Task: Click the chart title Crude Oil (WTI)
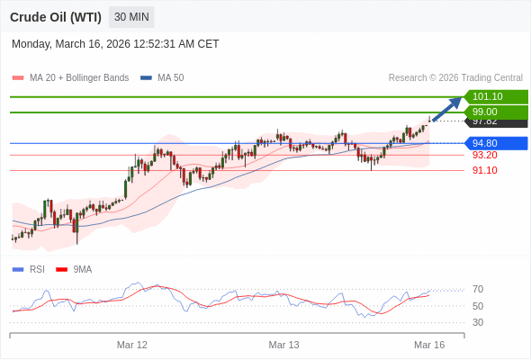tap(56, 17)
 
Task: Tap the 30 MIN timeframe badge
tap(131, 17)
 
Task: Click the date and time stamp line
tap(115, 44)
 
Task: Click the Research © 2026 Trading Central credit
tap(455, 78)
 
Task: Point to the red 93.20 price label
tap(484, 155)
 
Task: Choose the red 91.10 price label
tap(484, 170)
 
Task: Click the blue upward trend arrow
tap(446, 109)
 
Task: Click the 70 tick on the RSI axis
tap(478, 289)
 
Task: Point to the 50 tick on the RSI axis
tap(478, 306)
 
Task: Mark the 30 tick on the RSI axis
tap(478, 322)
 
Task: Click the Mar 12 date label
tap(132, 345)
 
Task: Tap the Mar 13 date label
tap(283, 345)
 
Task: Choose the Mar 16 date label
tap(429, 345)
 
